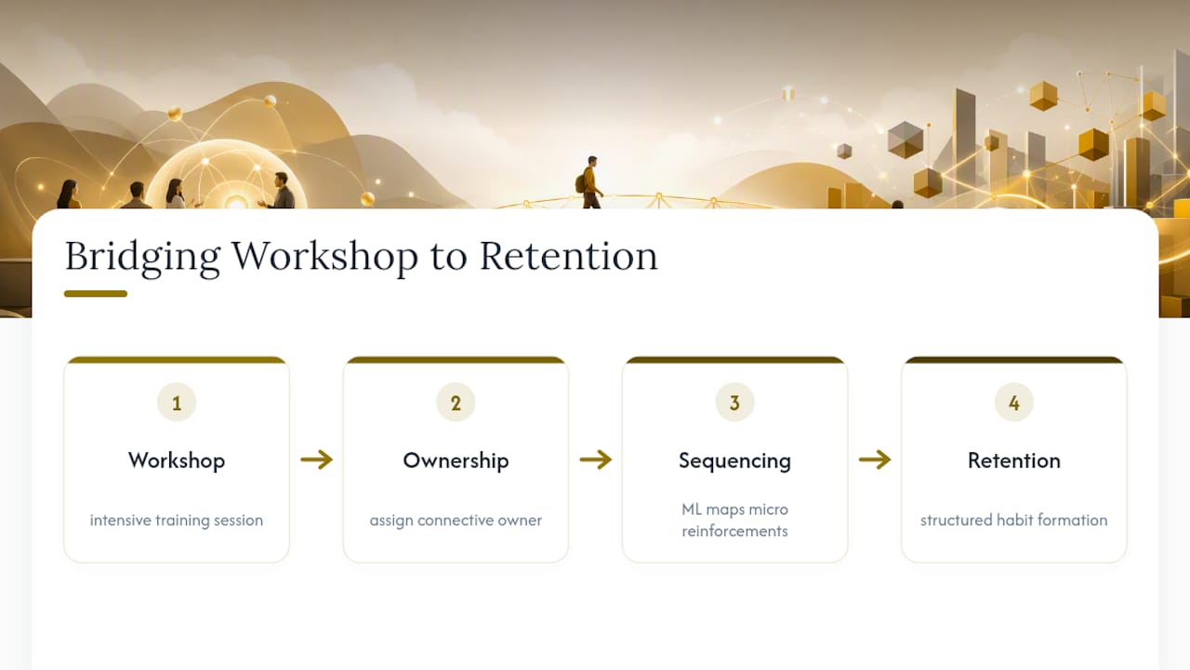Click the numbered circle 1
[177, 403]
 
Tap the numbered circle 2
[456, 403]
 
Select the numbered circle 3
[734, 403]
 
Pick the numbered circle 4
[1014, 403]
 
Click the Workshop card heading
[177, 461]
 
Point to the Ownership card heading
[456, 461]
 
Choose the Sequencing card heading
[734, 461]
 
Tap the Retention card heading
[1014, 461]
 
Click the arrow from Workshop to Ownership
[317, 460]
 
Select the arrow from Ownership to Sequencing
[596, 460]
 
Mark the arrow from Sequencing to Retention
[875, 460]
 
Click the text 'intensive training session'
[177, 520]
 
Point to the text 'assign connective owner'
[456, 520]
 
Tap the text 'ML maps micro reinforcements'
[734, 520]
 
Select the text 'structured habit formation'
[1014, 520]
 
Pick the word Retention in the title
[569, 256]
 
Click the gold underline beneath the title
[96, 293]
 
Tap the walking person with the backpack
[590, 181]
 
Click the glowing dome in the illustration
[226, 176]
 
